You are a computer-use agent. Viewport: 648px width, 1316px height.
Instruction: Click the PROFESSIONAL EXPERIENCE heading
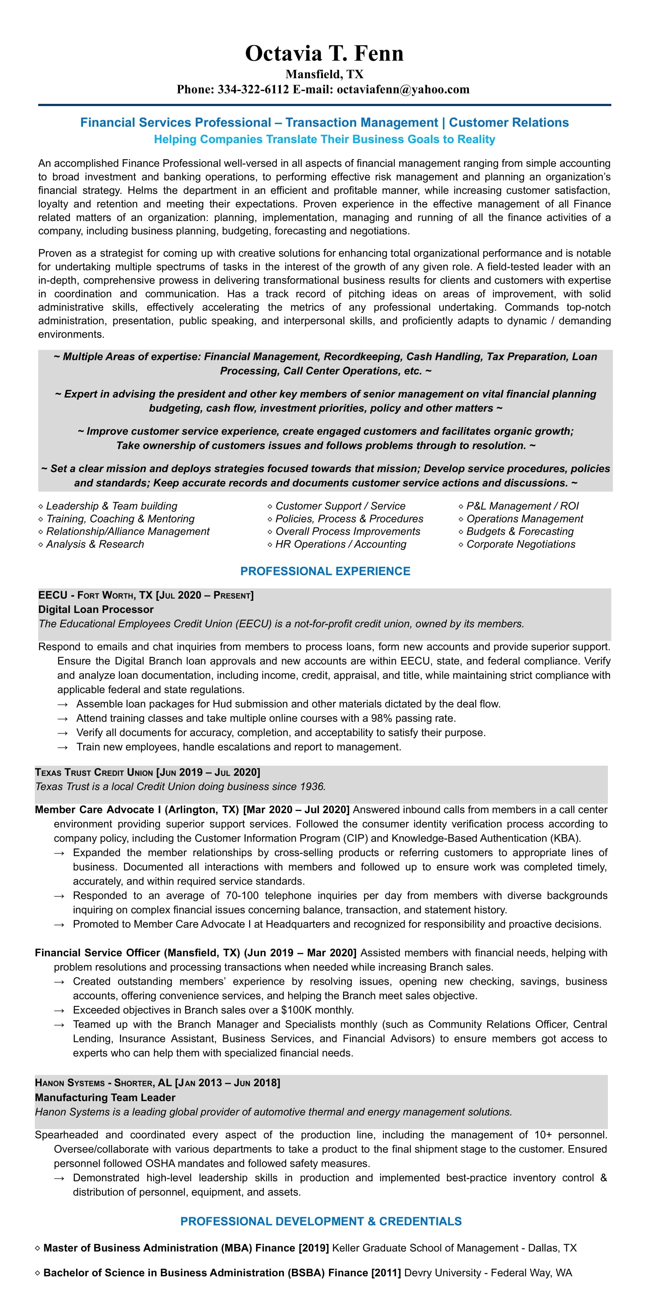(x=325, y=571)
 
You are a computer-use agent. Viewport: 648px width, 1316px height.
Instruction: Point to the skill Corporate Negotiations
(x=521, y=544)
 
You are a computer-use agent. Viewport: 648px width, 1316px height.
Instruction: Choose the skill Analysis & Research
(x=95, y=544)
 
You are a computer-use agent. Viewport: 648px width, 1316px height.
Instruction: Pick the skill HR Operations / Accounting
(x=341, y=544)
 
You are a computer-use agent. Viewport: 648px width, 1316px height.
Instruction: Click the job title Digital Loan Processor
(x=96, y=610)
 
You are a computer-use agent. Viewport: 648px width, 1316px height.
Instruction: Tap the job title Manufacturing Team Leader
(x=105, y=1097)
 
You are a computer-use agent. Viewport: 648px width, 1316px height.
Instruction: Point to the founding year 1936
(x=312, y=786)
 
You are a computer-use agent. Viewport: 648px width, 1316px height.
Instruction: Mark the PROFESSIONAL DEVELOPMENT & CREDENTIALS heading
(x=321, y=1221)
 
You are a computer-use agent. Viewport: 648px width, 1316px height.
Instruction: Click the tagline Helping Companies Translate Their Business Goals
(x=324, y=139)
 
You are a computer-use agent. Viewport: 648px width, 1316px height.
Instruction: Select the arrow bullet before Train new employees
(x=62, y=747)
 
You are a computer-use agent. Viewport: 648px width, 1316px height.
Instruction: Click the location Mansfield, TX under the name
(x=324, y=74)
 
